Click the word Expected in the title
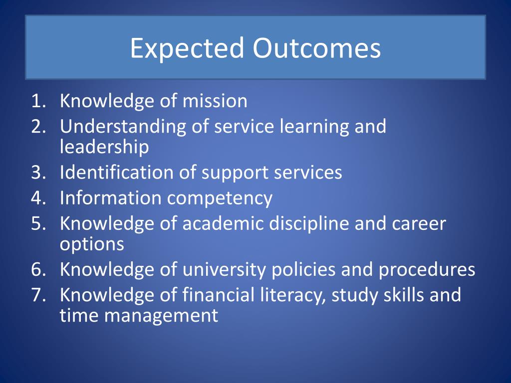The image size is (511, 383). tap(187, 49)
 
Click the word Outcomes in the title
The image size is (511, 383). tap(316, 48)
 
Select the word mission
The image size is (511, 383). tap(215, 101)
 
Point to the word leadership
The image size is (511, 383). tap(104, 147)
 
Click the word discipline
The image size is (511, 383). tap(309, 224)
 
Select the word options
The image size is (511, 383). tap(92, 244)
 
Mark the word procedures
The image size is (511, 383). tap(427, 270)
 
